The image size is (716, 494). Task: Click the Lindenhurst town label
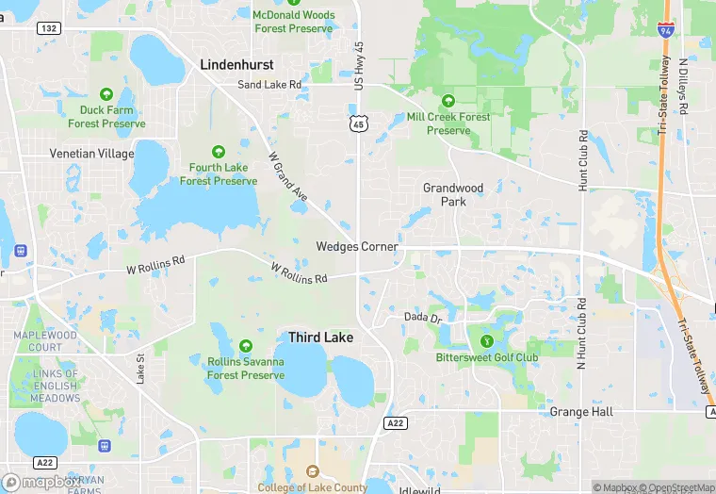coord(236,65)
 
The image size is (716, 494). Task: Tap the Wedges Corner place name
coord(357,247)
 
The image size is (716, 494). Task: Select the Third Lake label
coord(320,337)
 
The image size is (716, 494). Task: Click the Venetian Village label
coord(91,154)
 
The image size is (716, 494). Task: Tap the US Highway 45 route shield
coord(357,123)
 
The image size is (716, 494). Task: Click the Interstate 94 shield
coord(666,31)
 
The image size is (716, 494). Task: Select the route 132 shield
coord(49,29)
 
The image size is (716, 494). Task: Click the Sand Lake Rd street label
coord(269,85)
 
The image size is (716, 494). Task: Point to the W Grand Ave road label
coord(287,181)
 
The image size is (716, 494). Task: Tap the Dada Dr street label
coord(423,318)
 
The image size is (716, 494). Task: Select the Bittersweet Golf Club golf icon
coord(487,340)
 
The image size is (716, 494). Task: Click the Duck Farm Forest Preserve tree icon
coord(106,94)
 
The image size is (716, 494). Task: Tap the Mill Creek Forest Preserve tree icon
coord(447,101)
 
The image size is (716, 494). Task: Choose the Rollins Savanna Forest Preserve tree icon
coord(246,345)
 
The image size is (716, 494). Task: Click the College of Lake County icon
coord(313,471)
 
